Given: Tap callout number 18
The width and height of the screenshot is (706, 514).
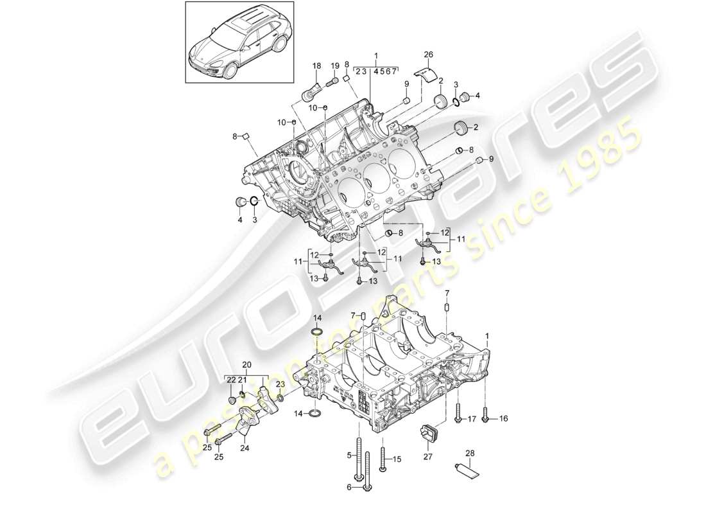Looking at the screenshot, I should [316, 66].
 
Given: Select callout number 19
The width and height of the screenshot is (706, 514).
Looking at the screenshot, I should [335, 66].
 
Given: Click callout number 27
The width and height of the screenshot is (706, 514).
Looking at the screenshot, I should [428, 457].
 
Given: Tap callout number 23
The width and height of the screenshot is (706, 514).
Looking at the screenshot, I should [280, 384].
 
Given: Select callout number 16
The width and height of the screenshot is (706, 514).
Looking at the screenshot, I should [503, 418].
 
